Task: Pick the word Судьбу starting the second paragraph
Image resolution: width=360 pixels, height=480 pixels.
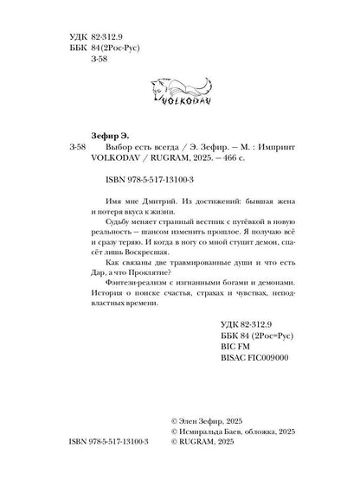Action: tap(108, 221)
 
